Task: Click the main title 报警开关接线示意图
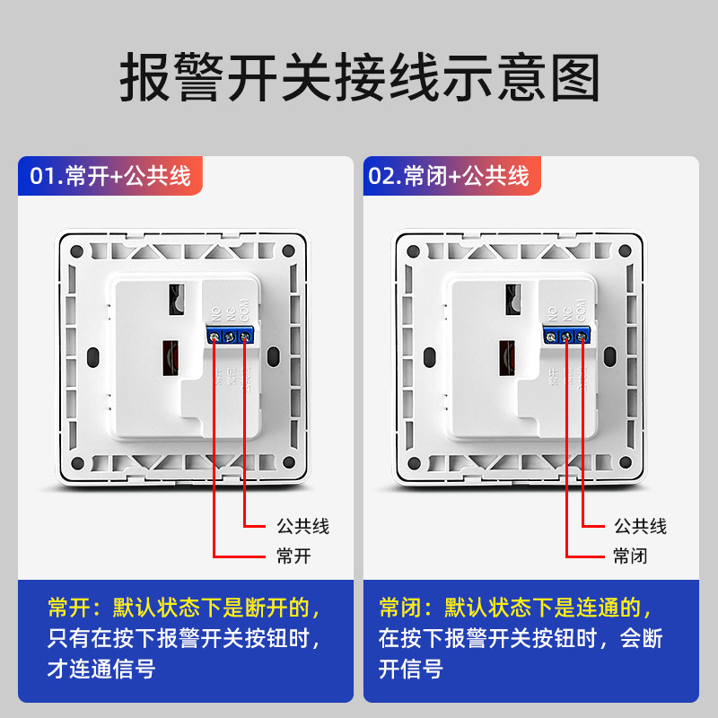tap(359, 79)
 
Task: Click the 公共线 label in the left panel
tap(302, 526)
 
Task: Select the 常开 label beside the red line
tap(293, 556)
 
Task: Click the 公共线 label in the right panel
tap(640, 526)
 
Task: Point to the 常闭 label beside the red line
tap(630, 556)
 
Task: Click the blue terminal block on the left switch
tap(230, 337)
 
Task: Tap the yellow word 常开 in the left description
tap(68, 609)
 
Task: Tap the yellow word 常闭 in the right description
tap(400, 609)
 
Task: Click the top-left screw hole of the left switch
tap(75, 251)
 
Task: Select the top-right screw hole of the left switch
tap(289, 251)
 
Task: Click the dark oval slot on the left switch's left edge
tap(91, 359)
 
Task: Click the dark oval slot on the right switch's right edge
tap(611, 359)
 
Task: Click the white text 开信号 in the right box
tap(410, 670)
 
